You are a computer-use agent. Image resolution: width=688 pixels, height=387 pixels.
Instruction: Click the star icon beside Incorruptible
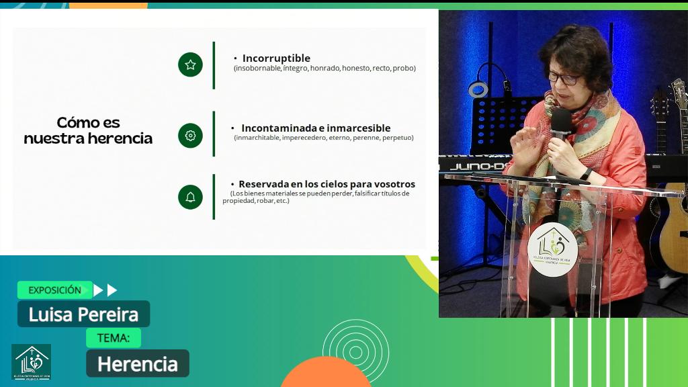point(190,64)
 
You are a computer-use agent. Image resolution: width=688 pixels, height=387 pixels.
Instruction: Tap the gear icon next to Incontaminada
point(190,135)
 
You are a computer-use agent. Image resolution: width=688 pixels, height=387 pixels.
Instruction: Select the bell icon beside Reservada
point(190,197)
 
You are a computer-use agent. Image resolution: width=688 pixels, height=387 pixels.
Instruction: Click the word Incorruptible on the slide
point(276,58)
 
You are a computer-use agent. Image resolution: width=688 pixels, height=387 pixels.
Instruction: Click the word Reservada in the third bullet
point(264,184)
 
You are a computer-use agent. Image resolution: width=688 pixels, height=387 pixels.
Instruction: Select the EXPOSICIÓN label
point(54,290)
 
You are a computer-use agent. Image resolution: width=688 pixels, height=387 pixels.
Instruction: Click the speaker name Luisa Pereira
point(83,314)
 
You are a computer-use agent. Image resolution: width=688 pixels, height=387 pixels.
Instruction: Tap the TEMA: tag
point(113,337)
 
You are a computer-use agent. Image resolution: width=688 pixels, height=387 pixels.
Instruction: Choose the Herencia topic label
point(137,363)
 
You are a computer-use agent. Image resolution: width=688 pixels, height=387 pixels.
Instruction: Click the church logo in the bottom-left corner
point(31,362)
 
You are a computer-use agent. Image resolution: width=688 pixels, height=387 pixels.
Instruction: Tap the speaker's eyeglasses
point(563,78)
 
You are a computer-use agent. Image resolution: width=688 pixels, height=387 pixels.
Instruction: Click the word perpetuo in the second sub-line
point(398,138)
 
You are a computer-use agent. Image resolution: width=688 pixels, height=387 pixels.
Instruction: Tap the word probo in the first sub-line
point(404,68)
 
